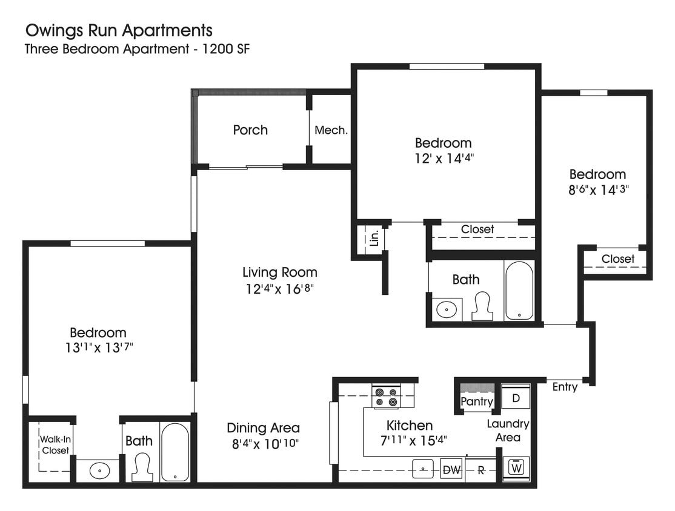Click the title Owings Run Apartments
coord(118,30)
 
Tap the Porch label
coord(250,130)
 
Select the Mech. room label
coord(331,130)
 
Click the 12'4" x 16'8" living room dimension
coord(279,288)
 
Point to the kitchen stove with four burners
coord(385,396)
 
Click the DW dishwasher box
coord(451,469)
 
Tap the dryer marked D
coord(516,398)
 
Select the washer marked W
coord(516,468)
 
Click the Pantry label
coord(477,401)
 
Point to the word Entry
coord(565,387)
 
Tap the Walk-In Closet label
coord(55,445)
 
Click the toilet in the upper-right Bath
coord(483,306)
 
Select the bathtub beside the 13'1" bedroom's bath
coord(175,452)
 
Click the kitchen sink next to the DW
coord(423,469)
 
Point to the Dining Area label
coord(263,427)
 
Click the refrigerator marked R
coord(481,470)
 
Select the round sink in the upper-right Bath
coord(447,309)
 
